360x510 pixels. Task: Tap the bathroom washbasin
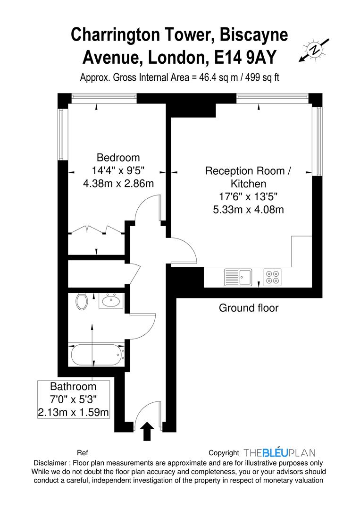click(x=111, y=300)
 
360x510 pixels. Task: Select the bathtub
click(x=96, y=355)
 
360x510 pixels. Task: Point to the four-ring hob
click(x=272, y=276)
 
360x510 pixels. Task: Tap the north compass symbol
click(x=313, y=49)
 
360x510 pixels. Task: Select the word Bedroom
click(x=118, y=158)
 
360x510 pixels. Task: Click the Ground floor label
click(x=249, y=308)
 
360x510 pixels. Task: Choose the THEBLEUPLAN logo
click(x=280, y=453)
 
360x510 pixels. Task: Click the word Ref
click(x=83, y=453)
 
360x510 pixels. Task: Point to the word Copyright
click(x=224, y=453)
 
